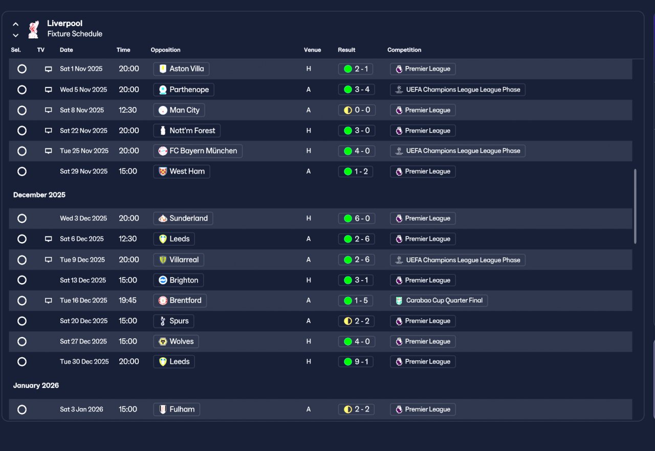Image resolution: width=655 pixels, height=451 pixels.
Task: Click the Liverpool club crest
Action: tap(34, 29)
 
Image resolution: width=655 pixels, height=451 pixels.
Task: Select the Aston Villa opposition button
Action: tap(181, 69)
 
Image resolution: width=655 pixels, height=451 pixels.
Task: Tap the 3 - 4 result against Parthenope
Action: tap(357, 90)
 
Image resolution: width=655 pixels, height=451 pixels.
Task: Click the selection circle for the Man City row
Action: tap(22, 110)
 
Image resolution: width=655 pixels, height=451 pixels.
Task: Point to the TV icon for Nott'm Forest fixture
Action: tap(49, 131)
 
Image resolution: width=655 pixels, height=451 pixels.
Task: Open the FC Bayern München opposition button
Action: tap(198, 151)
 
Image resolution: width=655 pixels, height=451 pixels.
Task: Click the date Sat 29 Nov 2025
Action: tap(83, 171)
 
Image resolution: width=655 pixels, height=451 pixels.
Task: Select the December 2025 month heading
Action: tap(39, 195)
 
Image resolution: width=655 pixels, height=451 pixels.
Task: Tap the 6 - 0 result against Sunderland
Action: tap(357, 219)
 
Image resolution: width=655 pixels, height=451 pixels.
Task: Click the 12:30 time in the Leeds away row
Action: tap(127, 239)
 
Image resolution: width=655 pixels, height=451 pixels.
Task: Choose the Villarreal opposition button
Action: tap(179, 260)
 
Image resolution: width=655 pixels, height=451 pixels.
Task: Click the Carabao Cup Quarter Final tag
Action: tap(439, 300)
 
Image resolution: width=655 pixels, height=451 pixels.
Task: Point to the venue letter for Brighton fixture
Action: tap(309, 280)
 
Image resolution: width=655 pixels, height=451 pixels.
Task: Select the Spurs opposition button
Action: tap(173, 321)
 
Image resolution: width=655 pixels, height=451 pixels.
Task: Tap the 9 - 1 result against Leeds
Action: tap(356, 362)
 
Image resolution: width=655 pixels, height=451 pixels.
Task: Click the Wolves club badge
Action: tap(163, 341)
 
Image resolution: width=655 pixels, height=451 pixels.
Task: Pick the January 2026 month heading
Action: tap(36, 385)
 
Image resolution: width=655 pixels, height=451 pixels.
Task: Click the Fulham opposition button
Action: tap(177, 410)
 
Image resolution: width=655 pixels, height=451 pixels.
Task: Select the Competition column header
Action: tap(404, 50)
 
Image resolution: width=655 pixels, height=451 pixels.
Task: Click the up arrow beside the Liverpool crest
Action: tap(16, 24)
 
